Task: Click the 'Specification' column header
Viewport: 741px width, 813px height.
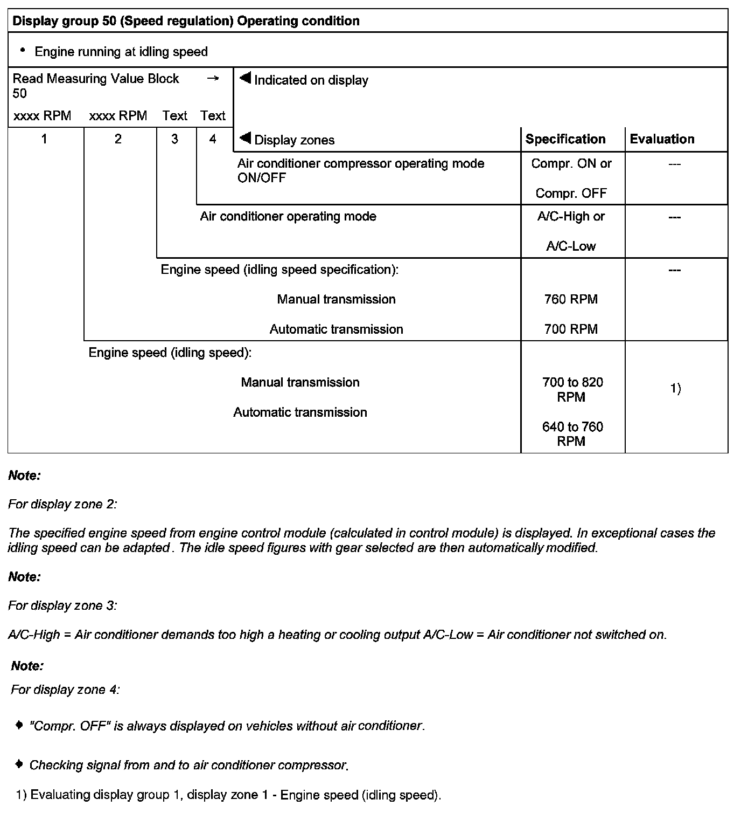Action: coord(565,139)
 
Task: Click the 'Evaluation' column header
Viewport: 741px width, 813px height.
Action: coord(662,139)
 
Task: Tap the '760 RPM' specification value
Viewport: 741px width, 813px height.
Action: coord(571,299)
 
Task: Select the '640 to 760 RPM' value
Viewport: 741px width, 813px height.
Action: coord(572,434)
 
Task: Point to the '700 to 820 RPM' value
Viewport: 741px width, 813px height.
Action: coord(572,389)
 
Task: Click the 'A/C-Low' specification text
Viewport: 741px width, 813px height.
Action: coord(571,246)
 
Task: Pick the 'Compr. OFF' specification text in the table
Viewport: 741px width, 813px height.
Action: coord(571,193)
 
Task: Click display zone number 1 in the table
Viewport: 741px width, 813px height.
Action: coord(44,139)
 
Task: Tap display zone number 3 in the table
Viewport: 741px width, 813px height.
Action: coord(174,139)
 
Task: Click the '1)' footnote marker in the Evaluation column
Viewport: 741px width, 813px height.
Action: coord(675,388)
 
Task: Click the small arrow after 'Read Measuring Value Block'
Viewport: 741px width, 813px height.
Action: coord(213,79)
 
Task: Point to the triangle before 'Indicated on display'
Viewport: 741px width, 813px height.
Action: coord(246,79)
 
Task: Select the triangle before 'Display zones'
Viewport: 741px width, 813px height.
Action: coord(246,139)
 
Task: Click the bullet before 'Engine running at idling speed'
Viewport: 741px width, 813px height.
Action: coord(22,51)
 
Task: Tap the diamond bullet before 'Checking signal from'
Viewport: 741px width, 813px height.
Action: coord(19,764)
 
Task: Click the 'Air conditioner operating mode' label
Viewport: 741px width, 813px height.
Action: coord(288,217)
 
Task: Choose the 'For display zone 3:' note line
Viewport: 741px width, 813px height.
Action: coord(62,605)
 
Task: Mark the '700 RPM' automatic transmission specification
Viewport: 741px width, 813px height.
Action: coord(571,329)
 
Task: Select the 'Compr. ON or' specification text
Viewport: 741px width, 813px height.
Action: coord(571,163)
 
